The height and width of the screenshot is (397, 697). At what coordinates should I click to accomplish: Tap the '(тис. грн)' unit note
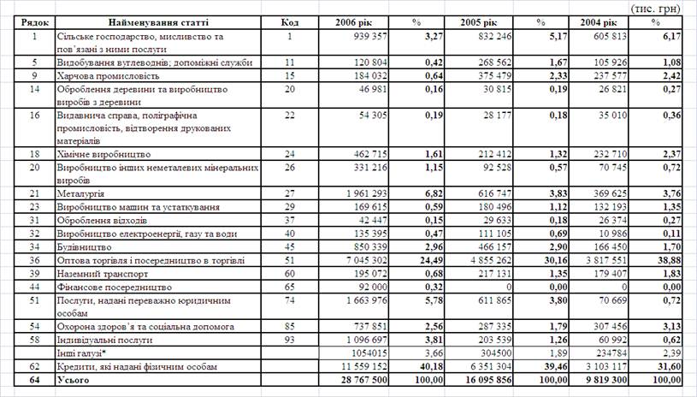point(659,7)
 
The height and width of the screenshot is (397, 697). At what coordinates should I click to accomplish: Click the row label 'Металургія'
point(85,194)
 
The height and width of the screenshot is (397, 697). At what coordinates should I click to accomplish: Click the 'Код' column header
point(290,21)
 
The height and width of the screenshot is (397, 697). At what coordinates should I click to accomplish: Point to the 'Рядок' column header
point(37,21)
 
